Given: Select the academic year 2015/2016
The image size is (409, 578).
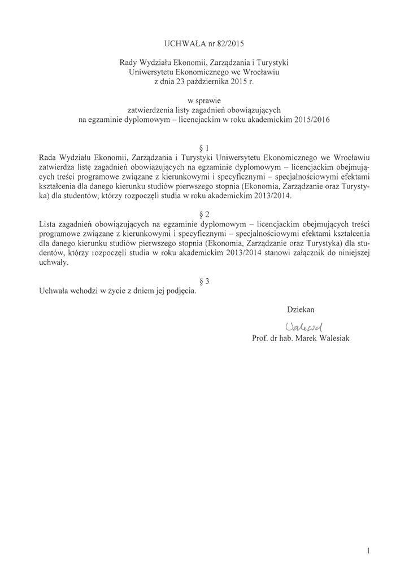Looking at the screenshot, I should pos(310,120).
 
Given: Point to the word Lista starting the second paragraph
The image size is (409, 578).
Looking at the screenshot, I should pos(49,224).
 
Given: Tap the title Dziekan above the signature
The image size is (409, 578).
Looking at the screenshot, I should pos(301,310).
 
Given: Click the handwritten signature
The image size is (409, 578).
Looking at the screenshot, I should pos(303,326).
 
